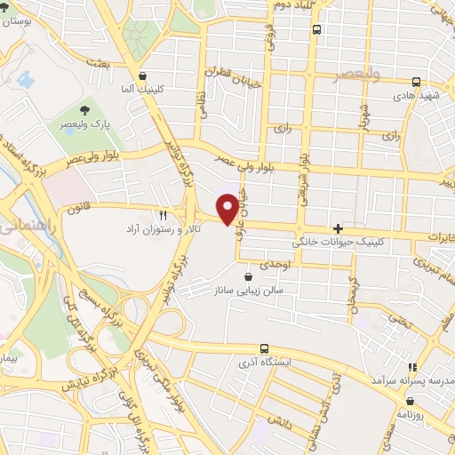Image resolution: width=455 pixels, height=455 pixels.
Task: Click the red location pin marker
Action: [x=228, y=208]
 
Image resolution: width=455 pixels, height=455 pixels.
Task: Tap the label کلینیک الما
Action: [x=143, y=91]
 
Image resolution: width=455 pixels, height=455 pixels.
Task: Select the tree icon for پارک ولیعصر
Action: [x=84, y=110]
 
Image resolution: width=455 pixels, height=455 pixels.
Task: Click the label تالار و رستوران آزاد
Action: [x=163, y=229]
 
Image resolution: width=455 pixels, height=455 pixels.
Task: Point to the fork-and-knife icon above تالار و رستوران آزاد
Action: [x=163, y=215]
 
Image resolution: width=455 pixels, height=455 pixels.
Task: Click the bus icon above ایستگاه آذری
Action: [x=264, y=348]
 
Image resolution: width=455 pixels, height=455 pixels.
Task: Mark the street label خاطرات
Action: [x=438, y=238]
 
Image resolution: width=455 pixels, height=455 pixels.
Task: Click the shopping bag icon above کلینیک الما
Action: [x=143, y=76]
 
